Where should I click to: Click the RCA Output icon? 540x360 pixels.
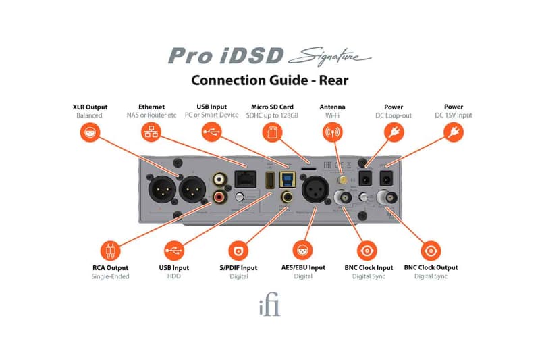click(x=110, y=252)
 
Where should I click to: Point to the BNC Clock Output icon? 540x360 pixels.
click(x=431, y=252)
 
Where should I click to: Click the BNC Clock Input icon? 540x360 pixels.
click(x=369, y=252)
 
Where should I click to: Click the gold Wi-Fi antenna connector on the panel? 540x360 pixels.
click(x=343, y=180)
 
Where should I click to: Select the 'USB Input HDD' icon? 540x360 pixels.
click(x=174, y=252)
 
